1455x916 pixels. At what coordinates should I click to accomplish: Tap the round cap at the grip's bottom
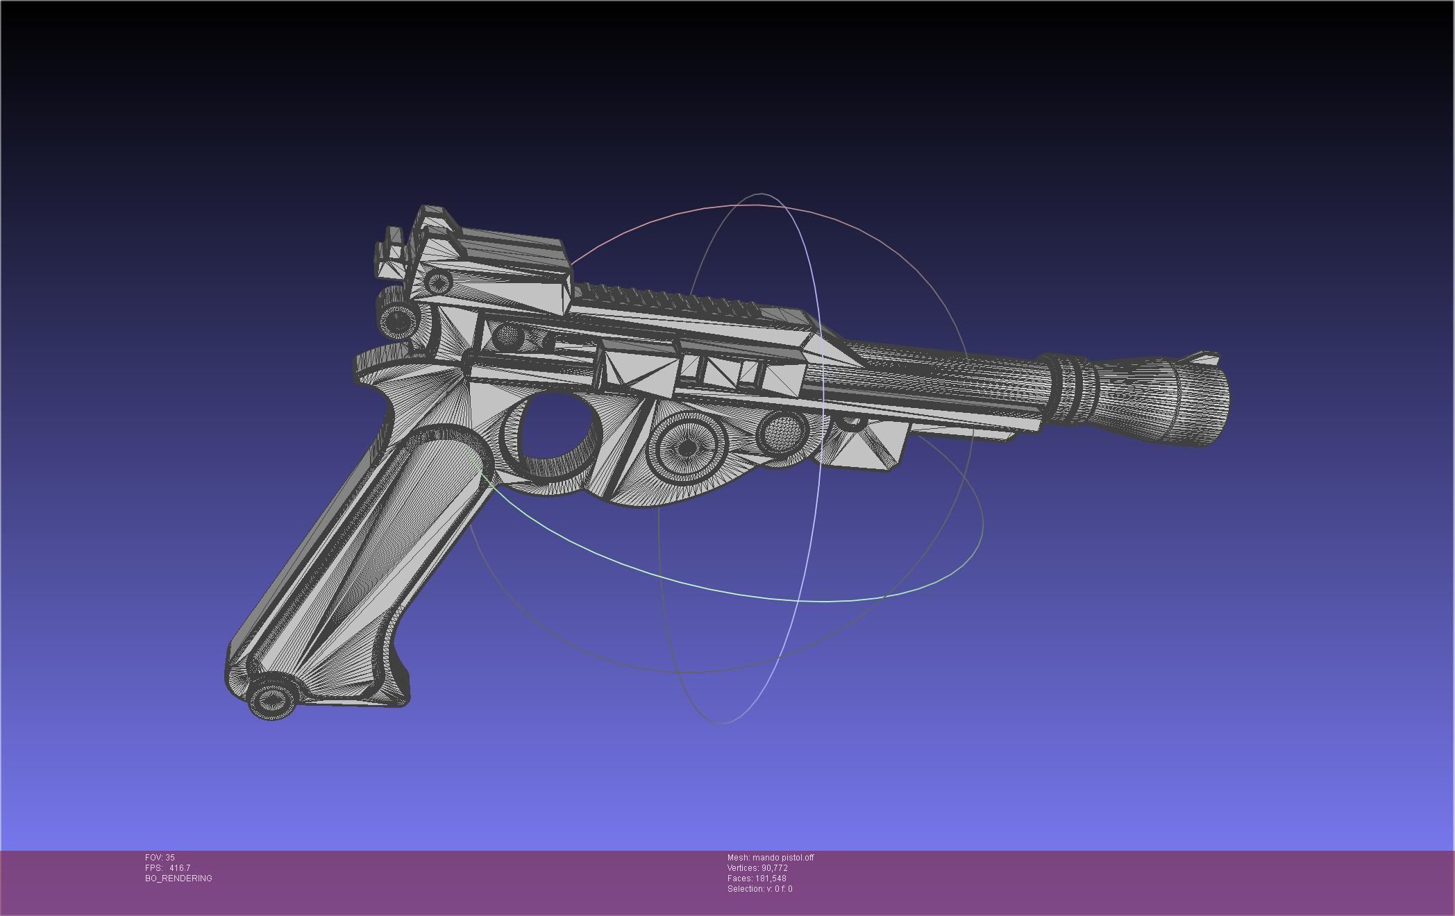pos(273,699)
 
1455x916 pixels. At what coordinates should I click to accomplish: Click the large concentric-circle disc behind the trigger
pos(686,448)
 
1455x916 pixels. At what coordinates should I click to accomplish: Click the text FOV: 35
pos(160,858)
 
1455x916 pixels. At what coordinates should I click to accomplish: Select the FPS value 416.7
pos(179,868)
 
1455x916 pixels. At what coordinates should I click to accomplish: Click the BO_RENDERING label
pos(178,879)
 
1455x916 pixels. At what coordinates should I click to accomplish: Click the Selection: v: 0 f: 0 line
pos(759,889)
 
